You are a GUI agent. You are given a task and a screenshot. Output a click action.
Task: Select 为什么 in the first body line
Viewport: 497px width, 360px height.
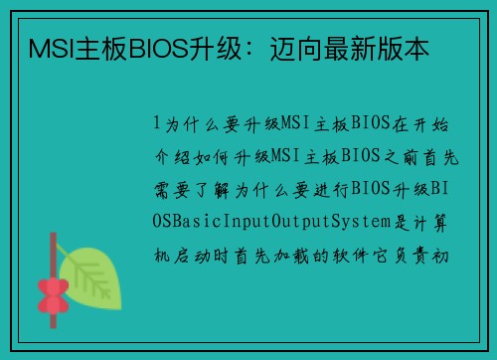(x=185, y=122)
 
